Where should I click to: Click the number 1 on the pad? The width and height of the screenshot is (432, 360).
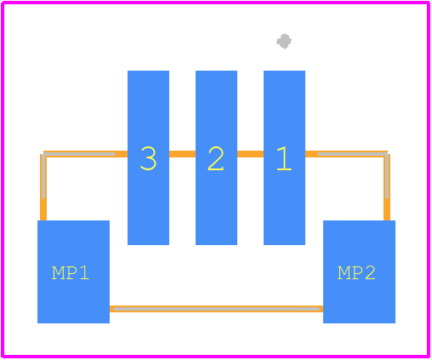284,158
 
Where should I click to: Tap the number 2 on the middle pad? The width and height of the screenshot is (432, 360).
216,158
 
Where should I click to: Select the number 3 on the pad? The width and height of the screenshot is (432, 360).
148,158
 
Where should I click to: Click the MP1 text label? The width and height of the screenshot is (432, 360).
71,273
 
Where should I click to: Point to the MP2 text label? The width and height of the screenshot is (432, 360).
356,273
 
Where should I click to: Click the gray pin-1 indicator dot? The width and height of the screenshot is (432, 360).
284,42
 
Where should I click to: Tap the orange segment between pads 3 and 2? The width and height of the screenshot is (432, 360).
182,154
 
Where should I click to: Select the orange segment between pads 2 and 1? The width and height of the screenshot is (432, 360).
250,154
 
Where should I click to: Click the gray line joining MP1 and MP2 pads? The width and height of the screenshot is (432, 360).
216,309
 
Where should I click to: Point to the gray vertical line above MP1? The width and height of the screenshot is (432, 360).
43,176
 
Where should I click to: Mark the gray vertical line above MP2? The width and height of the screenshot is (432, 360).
387,176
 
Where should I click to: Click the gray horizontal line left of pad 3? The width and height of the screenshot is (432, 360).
79,154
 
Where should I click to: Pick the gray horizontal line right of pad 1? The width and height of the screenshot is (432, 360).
352,154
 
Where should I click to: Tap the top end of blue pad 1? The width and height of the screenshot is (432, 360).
284,71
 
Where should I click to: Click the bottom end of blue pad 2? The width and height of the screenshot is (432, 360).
216,244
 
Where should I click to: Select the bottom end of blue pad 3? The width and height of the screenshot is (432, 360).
148,244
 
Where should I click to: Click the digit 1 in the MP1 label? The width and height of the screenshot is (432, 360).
85,273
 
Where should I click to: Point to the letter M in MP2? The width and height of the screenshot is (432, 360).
344,273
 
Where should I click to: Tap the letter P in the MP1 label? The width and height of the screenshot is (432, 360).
72,273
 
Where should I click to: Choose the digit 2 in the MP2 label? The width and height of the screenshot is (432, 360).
370,273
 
